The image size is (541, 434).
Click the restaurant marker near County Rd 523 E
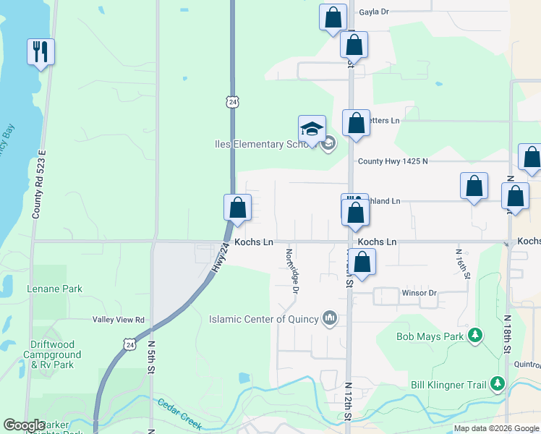tap(41, 51)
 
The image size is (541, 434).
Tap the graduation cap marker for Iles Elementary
tap(312, 129)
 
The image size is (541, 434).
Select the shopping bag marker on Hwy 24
tap(237, 208)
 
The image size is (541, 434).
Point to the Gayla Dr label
tap(373, 12)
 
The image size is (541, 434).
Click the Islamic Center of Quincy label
tap(263, 319)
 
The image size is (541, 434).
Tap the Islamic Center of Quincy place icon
tap(330, 318)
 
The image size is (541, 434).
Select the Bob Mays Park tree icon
tap(474, 336)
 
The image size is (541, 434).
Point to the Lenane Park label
tap(55, 289)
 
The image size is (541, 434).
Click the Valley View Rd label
tap(119, 320)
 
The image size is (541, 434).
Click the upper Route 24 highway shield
tap(231, 102)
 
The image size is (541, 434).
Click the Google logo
tap(24, 425)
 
